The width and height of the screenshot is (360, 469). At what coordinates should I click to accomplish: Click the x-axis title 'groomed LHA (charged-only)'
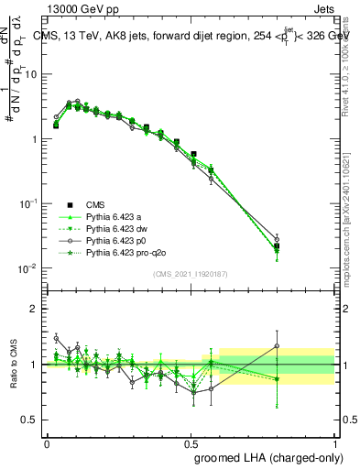[265, 456]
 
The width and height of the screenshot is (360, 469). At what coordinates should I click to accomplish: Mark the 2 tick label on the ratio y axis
[36, 309]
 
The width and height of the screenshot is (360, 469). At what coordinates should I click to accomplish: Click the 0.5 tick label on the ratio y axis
[32, 420]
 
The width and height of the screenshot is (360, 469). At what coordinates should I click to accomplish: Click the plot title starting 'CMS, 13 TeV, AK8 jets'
[192, 34]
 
